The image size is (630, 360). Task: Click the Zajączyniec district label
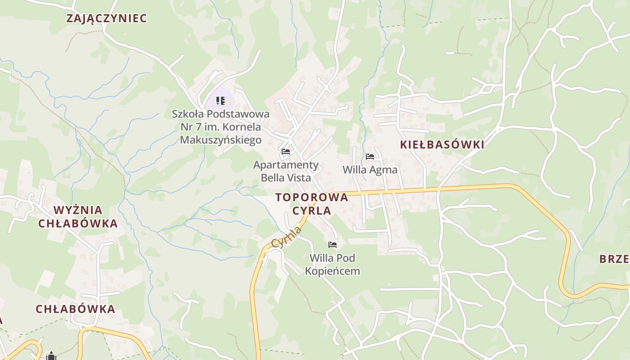(107, 18)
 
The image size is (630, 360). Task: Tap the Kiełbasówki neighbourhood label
(442, 144)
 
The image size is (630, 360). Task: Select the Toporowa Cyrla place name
(311, 204)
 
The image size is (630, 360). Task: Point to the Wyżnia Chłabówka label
(78, 216)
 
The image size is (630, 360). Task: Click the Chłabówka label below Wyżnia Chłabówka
(76, 309)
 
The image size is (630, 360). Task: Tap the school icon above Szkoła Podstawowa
(220, 100)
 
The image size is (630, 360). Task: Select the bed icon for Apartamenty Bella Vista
(286, 152)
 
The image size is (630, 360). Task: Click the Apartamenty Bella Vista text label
(286, 171)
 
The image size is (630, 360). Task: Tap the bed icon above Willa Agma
(370, 157)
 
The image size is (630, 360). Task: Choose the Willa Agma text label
(370, 170)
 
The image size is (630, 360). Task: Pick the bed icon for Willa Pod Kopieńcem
(333, 245)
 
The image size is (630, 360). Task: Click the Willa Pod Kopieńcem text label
(333, 264)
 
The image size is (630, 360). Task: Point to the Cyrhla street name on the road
(287, 237)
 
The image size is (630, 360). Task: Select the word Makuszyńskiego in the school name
(220, 140)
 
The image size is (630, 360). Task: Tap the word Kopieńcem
(333, 271)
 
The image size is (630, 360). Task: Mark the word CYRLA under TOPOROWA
(311, 211)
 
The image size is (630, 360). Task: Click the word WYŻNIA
(78, 210)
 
